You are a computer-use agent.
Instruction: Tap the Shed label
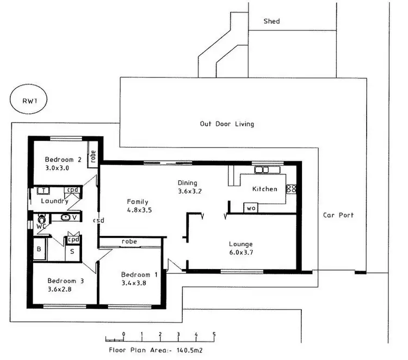(271, 21)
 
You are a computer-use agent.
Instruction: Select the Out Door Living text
(227, 124)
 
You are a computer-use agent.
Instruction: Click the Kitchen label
(265, 189)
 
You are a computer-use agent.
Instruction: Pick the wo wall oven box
(251, 208)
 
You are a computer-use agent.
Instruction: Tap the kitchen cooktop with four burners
(292, 189)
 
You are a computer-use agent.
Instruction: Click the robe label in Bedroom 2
(94, 157)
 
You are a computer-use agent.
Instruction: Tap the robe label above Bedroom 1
(129, 241)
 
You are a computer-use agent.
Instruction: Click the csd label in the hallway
(98, 221)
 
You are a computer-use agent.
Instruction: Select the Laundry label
(54, 201)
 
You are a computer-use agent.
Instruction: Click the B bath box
(38, 250)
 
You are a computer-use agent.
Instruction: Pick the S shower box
(72, 252)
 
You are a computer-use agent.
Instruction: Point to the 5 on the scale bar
(214, 333)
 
